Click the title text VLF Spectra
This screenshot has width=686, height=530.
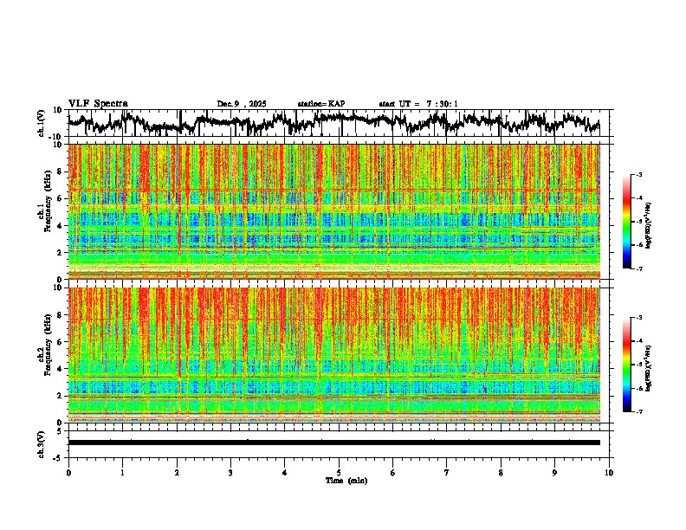(98, 103)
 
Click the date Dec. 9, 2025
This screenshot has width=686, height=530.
(244, 104)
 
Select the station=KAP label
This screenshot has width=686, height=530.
(320, 104)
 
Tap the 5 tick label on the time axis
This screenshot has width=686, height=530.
(339, 472)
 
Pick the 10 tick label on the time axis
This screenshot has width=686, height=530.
(609, 472)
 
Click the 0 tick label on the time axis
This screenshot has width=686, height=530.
(68, 472)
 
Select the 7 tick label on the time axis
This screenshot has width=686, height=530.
(447, 472)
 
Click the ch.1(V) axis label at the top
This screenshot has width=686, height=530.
(42, 124)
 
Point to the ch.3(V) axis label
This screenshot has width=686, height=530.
(42, 443)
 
